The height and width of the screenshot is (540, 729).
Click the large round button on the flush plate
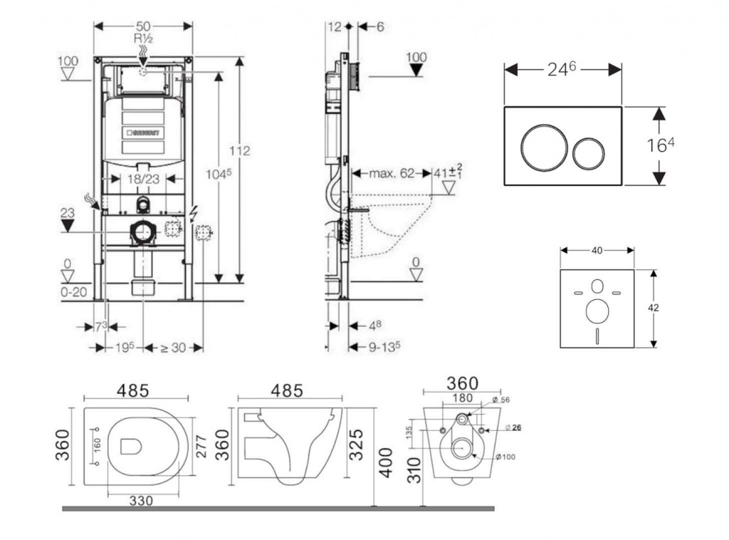pyautogui.click(x=545, y=147)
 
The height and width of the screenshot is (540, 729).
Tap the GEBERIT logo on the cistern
pyautogui.click(x=144, y=133)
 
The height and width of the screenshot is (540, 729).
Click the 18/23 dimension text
pyautogui.click(x=144, y=180)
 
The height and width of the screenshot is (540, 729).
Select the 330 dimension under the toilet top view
pyautogui.click(x=142, y=501)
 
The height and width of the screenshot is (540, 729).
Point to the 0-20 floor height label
pyautogui.click(x=73, y=291)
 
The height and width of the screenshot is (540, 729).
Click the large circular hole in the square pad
pyautogui.click(x=597, y=311)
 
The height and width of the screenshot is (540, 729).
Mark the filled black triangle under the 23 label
pyautogui.click(x=68, y=226)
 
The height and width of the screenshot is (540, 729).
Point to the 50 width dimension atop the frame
pyautogui.click(x=144, y=26)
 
